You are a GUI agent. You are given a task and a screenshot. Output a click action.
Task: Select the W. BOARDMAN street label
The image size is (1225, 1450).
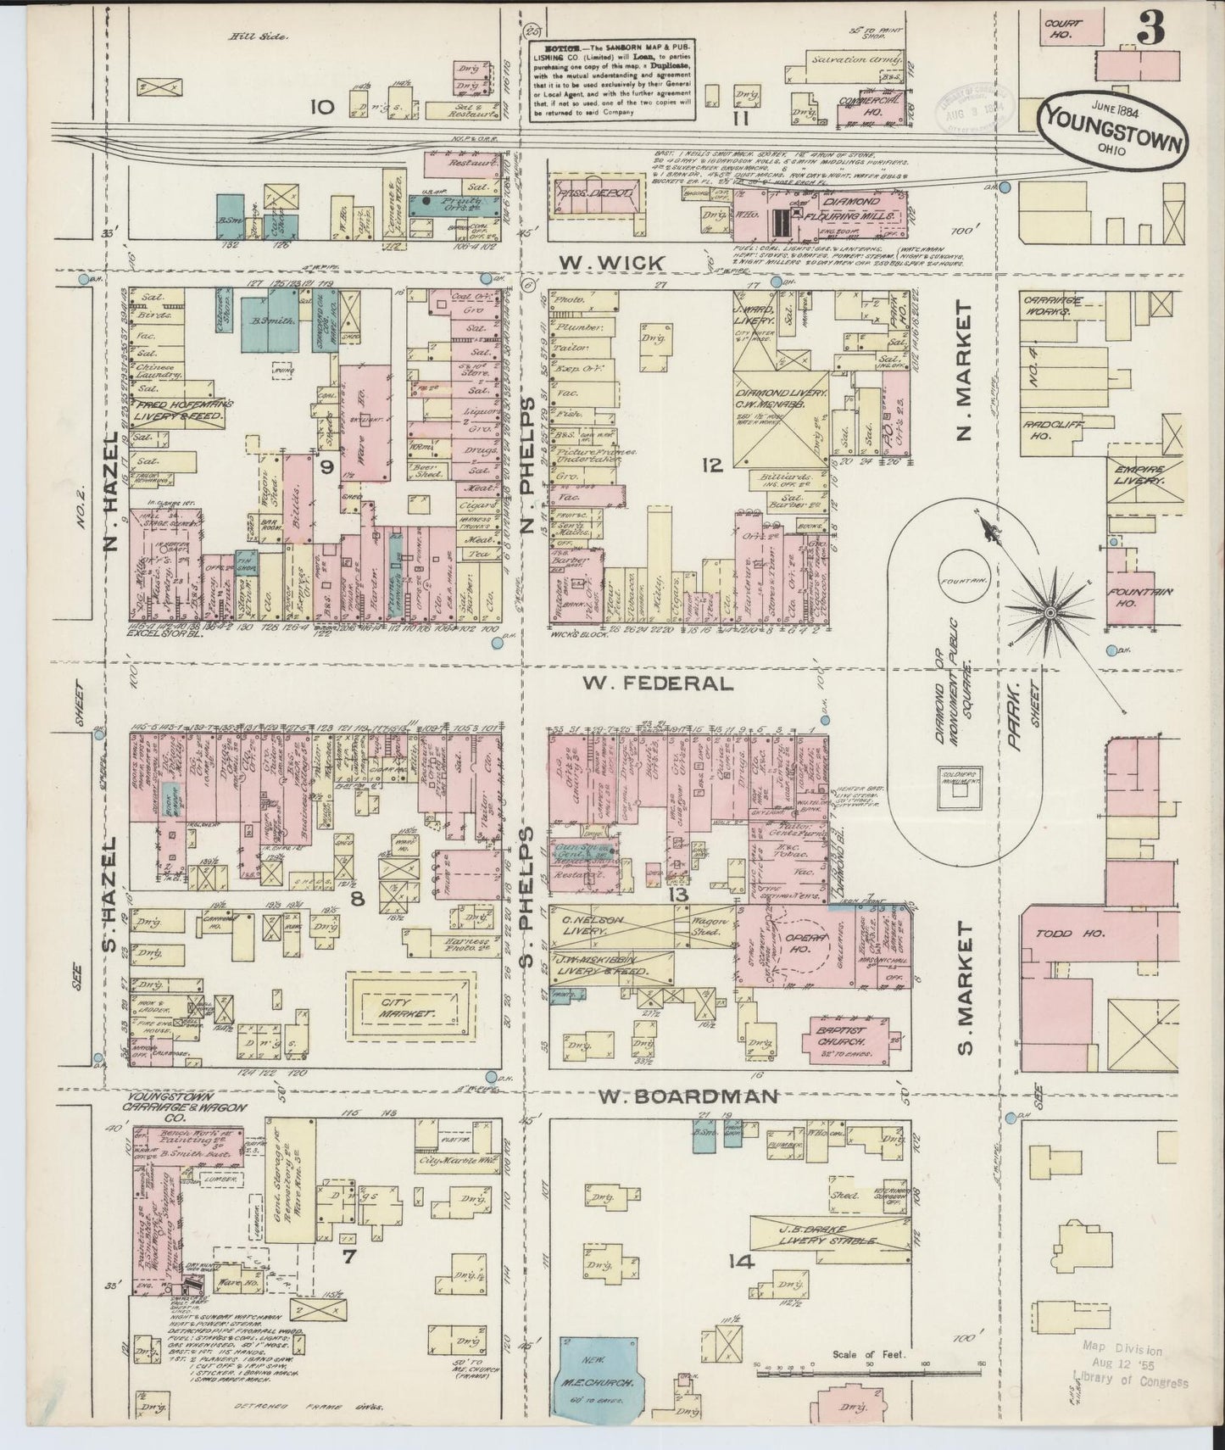pyautogui.click(x=688, y=1096)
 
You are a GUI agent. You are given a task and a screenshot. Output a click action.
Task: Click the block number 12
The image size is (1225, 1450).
pyautogui.click(x=710, y=464)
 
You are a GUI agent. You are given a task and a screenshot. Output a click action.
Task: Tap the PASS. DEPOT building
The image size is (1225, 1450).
pyautogui.click(x=595, y=194)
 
